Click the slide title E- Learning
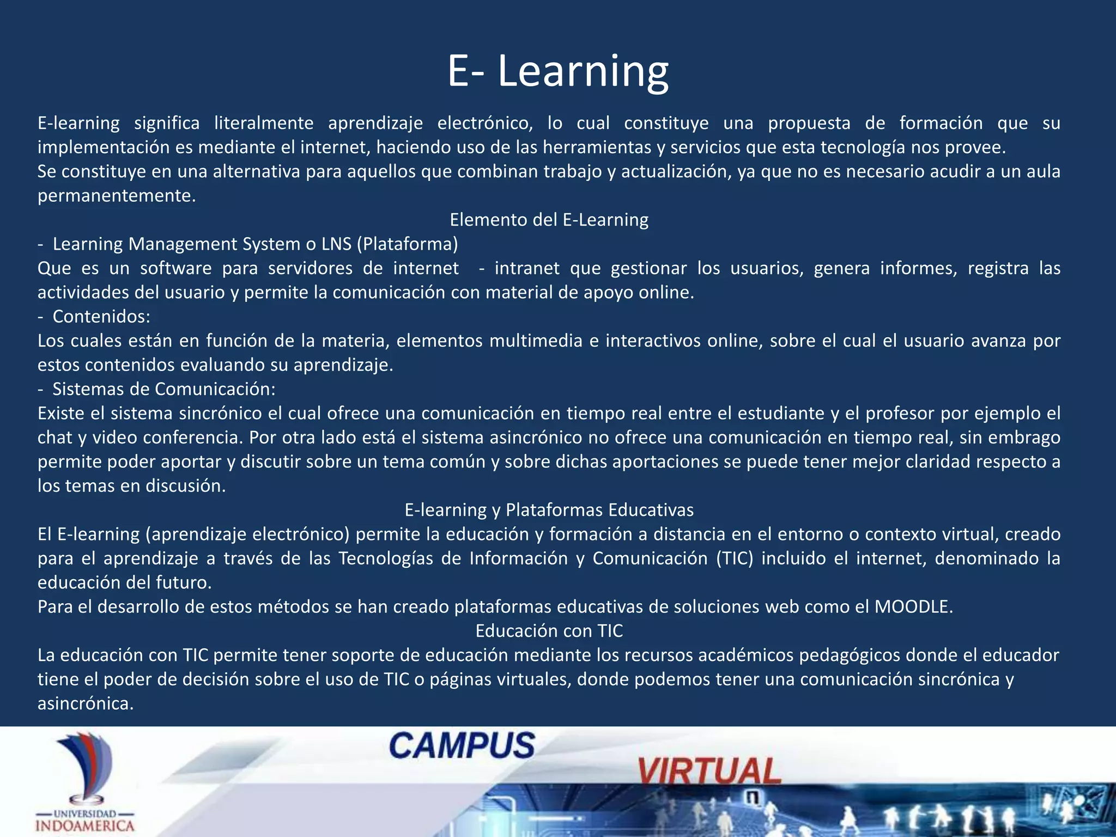(557, 71)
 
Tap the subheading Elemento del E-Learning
(549, 220)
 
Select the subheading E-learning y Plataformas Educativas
(549, 510)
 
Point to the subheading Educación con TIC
(549, 631)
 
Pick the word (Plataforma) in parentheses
(407, 244)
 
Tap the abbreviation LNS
(336, 244)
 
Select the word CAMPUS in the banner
(462, 745)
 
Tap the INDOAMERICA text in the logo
(85, 826)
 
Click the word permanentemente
(116, 196)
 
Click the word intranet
(526, 268)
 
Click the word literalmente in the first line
(263, 123)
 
